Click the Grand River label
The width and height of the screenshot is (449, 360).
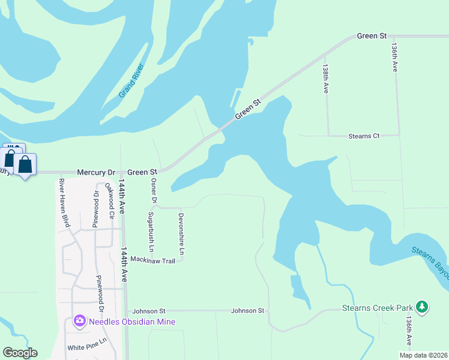(131, 80)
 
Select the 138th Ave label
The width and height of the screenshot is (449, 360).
(325, 79)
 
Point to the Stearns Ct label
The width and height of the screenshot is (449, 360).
(364, 136)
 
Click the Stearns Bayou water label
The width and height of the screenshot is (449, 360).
(431, 262)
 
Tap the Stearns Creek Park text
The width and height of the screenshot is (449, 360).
(377, 308)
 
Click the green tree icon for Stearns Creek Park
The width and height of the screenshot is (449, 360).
(423, 308)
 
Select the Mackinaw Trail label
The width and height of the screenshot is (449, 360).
(152, 260)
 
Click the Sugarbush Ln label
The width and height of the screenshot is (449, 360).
(151, 232)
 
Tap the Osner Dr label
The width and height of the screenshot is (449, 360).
(154, 190)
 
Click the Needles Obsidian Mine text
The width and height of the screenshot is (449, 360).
(132, 322)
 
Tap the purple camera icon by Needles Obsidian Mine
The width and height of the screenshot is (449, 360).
(79, 322)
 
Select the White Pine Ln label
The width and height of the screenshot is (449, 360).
(86, 348)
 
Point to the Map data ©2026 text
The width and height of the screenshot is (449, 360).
(423, 355)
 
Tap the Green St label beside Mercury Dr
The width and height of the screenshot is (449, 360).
(142, 172)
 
